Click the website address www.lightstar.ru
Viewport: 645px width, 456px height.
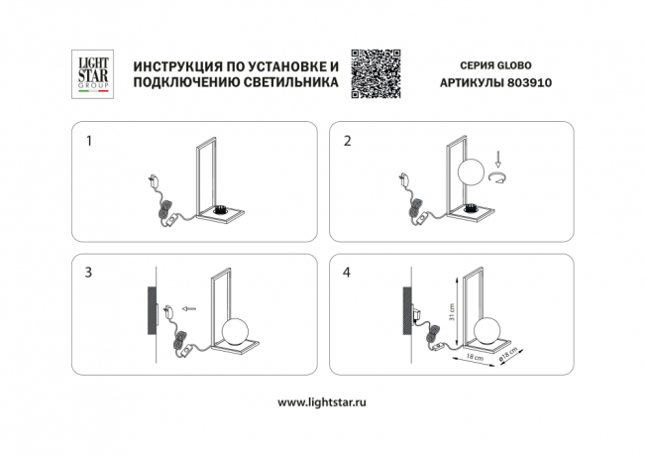point(321,402)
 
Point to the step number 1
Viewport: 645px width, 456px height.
point(90,142)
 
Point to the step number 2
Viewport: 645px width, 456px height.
point(347,142)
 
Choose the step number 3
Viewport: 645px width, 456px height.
point(90,270)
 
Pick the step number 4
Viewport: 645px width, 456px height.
point(347,270)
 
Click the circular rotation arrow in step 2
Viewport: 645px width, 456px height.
point(497,176)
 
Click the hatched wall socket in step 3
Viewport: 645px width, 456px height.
point(151,308)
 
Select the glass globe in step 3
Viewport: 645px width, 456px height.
point(235,331)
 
